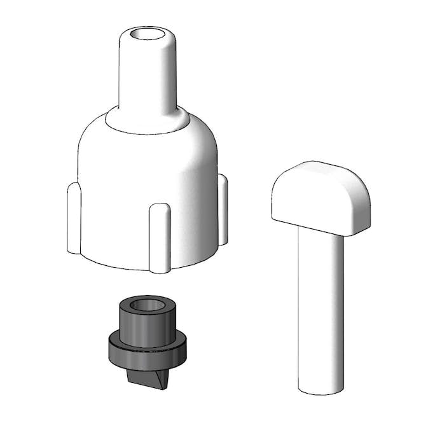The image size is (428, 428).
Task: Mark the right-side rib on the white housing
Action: [223, 210]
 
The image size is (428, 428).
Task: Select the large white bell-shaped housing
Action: [146, 178]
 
